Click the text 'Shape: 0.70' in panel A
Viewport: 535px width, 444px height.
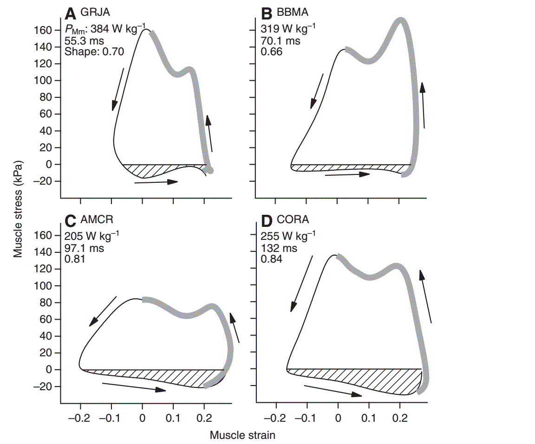(94, 51)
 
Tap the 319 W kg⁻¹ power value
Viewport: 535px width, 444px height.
(287, 30)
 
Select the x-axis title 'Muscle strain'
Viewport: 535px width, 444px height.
(242, 435)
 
